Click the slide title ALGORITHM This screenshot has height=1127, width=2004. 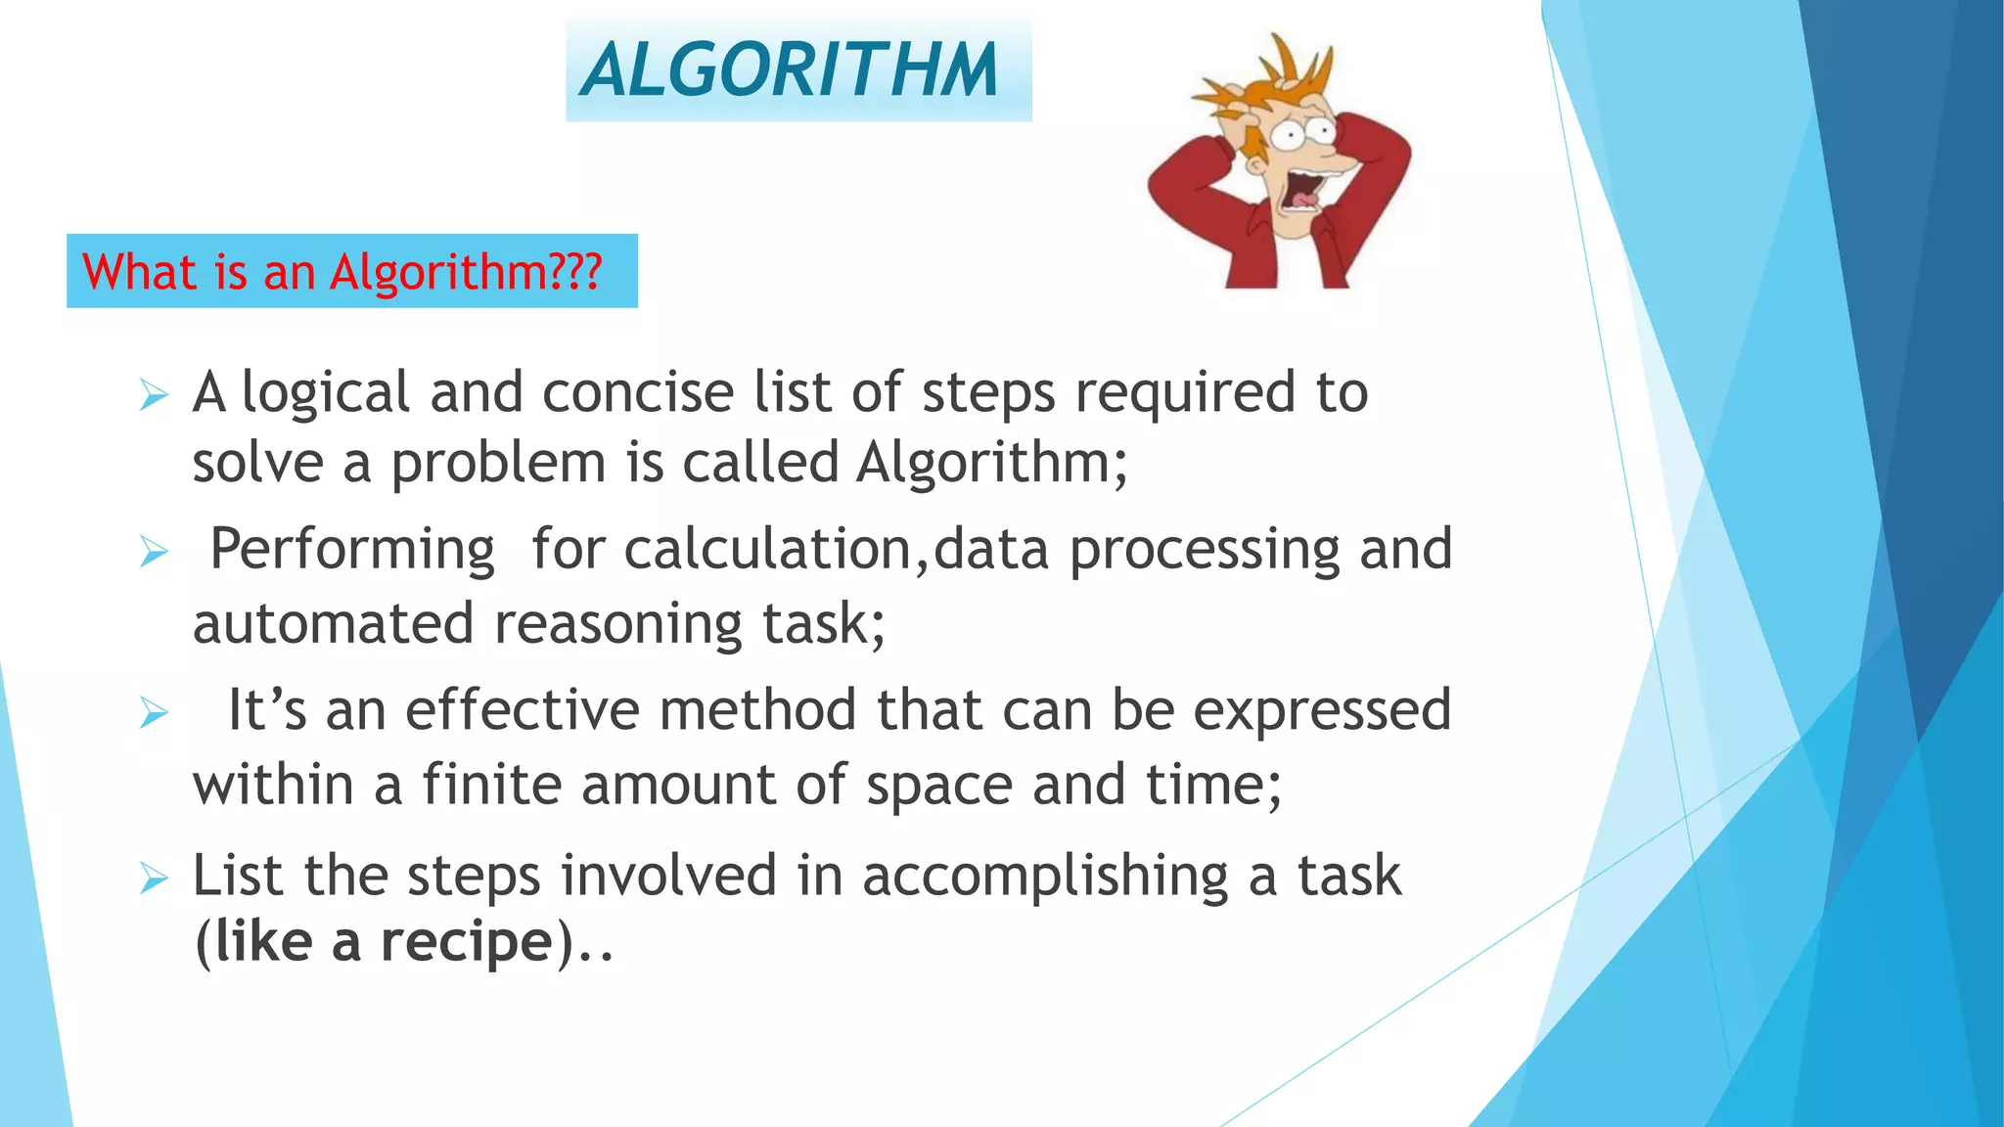point(790,70)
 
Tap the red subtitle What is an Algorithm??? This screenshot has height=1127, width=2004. point(342,272)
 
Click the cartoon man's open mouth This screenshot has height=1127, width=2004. point(1302,190)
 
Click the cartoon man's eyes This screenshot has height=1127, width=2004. point(1302,133)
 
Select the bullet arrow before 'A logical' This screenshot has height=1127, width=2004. point(154,395)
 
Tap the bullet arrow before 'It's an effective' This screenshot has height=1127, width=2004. point(154,712)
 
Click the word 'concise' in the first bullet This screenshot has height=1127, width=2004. point(638,393)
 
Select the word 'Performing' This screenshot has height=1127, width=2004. point(352,550)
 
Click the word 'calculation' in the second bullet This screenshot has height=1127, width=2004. point(768,550)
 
